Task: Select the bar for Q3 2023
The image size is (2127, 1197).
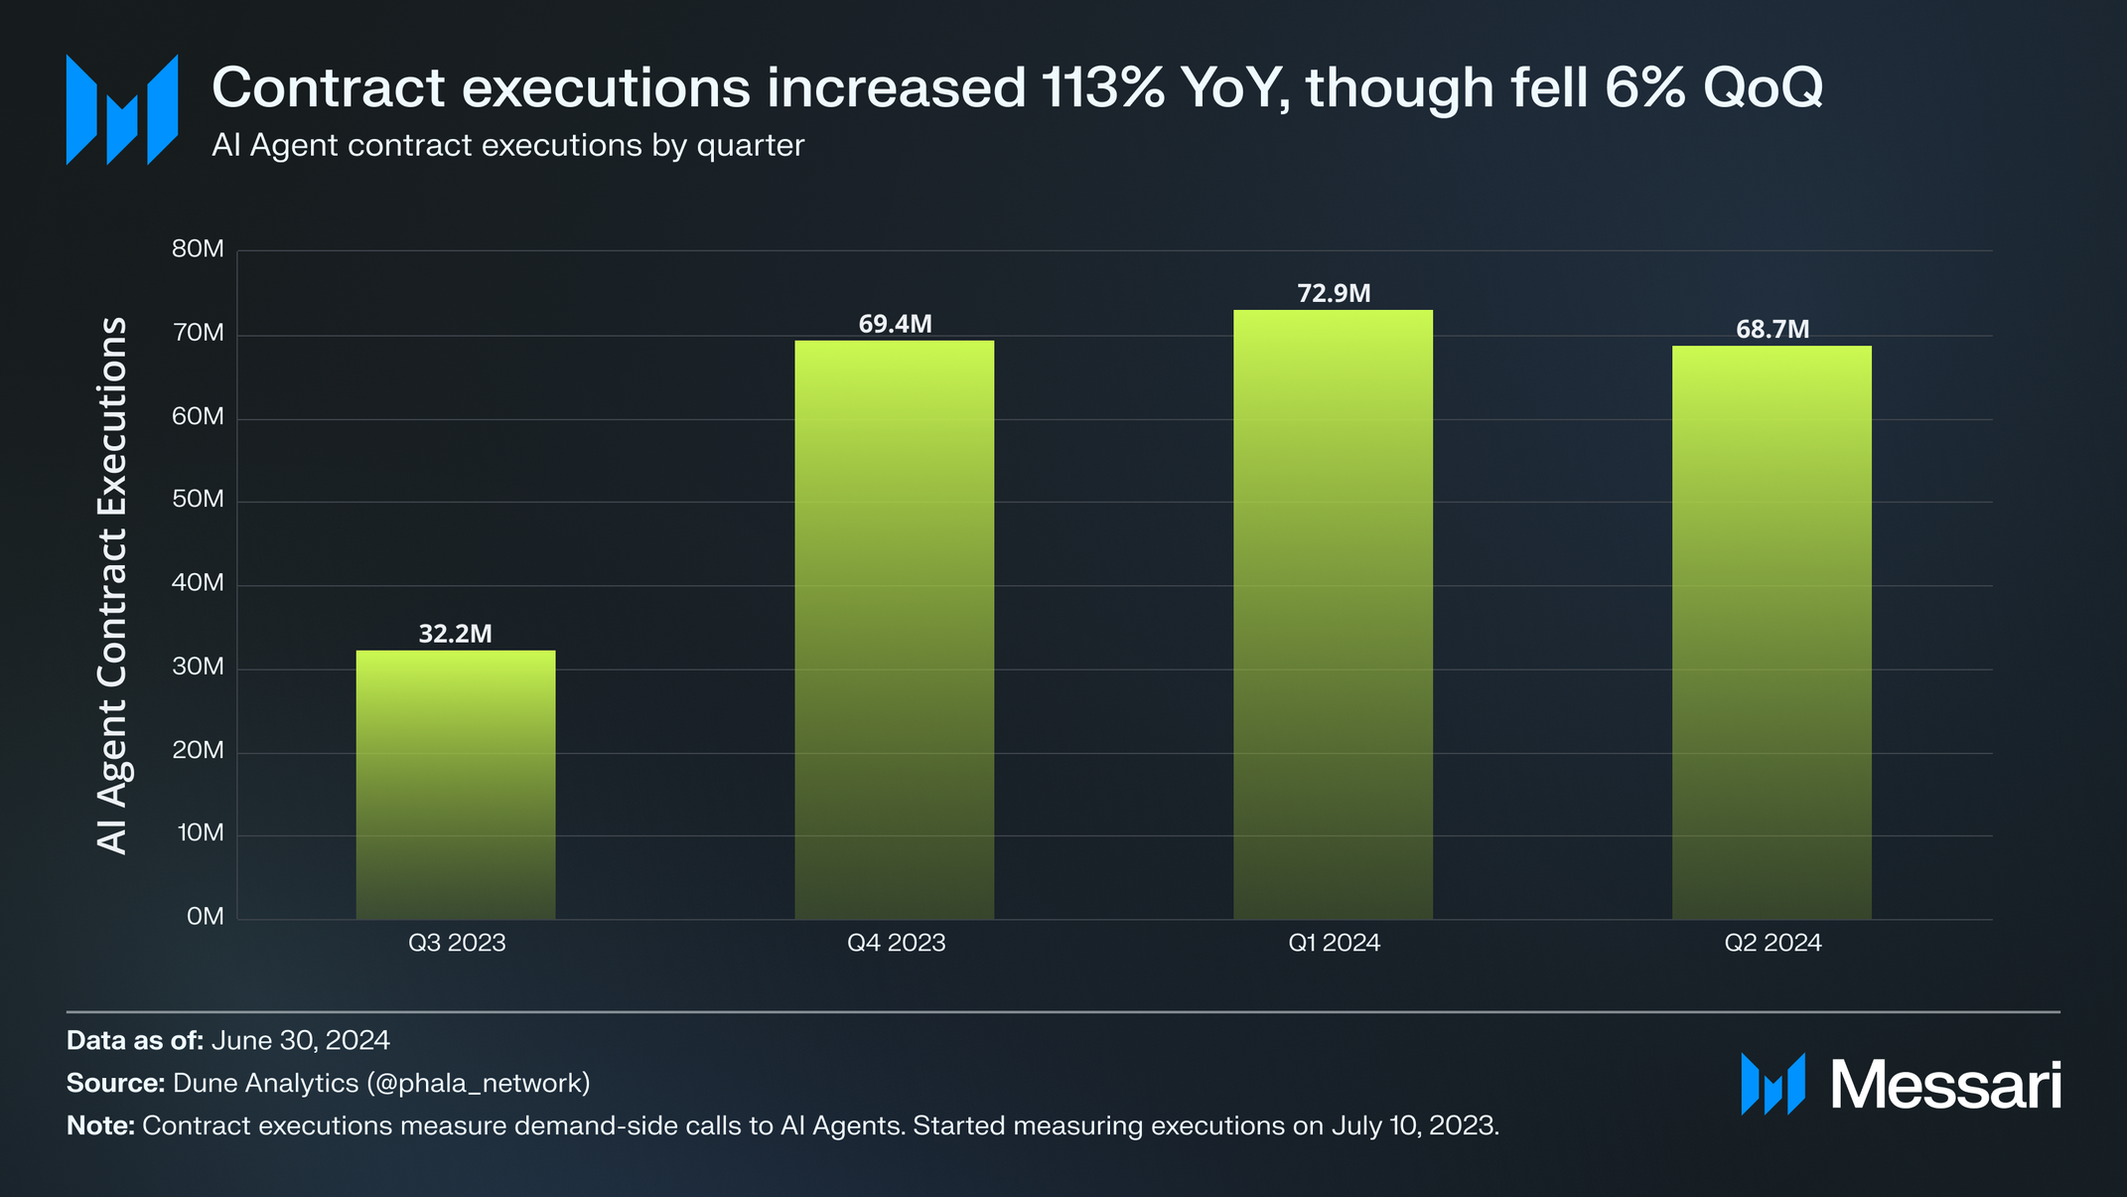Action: (456, 785)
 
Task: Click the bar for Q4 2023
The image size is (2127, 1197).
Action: (894, 630)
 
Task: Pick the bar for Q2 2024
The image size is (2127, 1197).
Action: (1772, 632)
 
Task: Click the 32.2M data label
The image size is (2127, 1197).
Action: (456, 634)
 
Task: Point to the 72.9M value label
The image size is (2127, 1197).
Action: (1334, 293)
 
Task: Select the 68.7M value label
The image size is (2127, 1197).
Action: (1772, 329)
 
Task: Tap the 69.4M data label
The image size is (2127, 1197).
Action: (895, 324)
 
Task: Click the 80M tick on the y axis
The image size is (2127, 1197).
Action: (199, 249)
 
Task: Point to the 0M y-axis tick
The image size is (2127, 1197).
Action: (206, 917)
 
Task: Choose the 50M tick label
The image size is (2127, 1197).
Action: (199, 500)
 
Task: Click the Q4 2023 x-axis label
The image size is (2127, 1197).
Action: (896, 943)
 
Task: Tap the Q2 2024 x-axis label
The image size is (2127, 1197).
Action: (1772, 943)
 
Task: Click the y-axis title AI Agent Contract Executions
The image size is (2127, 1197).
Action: (113, 585)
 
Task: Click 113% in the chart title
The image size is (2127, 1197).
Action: (1103, 87)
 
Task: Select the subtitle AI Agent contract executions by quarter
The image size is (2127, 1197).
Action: (507, 146)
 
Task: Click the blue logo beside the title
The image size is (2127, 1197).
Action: (122, 109)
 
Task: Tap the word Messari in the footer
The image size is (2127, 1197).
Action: (1945, 1085)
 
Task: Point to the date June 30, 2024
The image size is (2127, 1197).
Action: (300, 1040)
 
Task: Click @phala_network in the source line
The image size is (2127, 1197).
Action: (479, 1083)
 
